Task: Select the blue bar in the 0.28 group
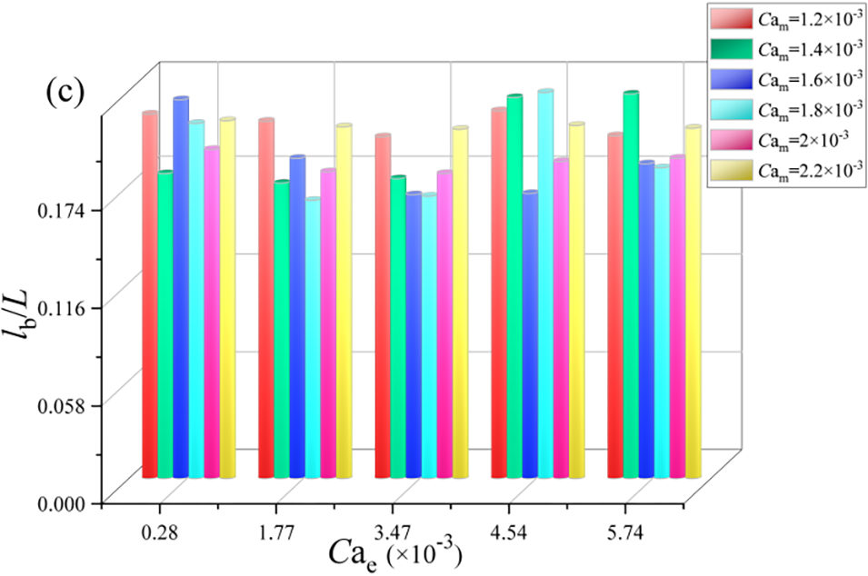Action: point(181,287)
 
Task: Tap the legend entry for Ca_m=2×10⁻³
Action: point(786,137)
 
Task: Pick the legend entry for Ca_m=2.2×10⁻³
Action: point(786,168)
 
